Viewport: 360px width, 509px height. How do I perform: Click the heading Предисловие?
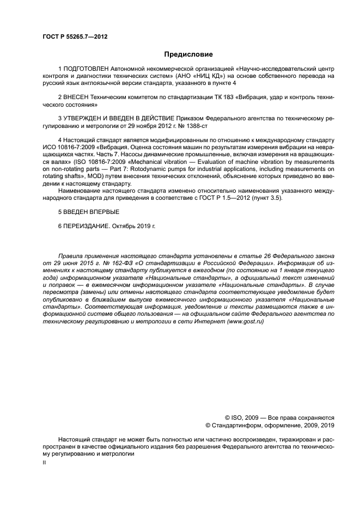188,54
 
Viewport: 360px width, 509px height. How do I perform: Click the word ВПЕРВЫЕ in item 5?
101,211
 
